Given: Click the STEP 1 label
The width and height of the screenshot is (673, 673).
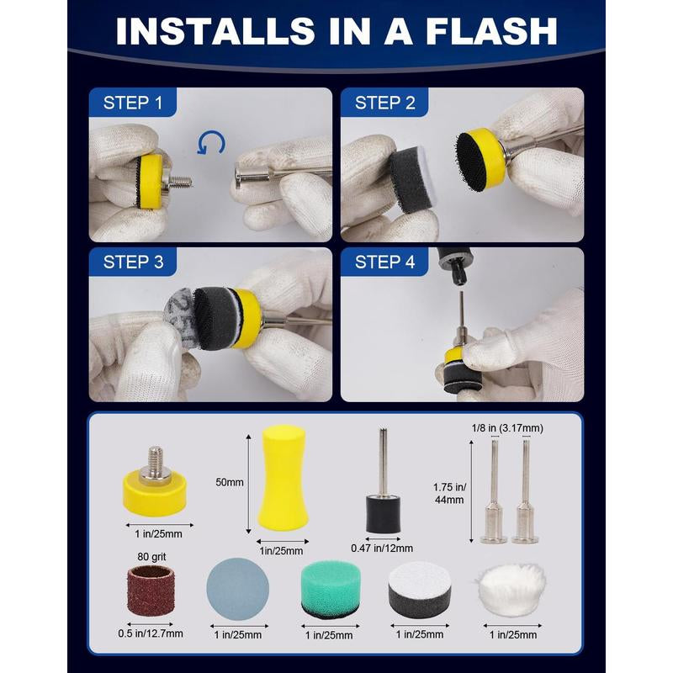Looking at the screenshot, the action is (133, 103).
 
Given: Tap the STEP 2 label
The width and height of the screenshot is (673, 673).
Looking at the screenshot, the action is (385, 103).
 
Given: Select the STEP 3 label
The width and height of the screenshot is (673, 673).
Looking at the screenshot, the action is (133, 262).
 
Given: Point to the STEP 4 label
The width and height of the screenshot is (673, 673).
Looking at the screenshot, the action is (385, 262).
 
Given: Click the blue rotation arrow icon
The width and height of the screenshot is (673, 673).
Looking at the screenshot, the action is (211, 143).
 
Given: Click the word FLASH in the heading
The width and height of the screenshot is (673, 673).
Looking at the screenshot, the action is (491, 31).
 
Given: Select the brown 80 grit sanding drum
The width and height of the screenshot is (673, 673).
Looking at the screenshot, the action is (151, 591).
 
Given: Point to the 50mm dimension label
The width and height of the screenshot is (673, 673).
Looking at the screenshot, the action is (230, 482).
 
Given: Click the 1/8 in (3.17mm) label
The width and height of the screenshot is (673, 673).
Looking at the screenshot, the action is (507, 428).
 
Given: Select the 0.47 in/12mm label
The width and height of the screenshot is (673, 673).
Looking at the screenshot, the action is (382, 548).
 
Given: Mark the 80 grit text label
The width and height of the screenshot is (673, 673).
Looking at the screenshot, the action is (151, 557).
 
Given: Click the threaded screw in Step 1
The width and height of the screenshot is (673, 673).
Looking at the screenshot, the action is (179, 183).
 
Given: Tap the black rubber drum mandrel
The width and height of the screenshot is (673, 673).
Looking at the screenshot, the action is (384, 480).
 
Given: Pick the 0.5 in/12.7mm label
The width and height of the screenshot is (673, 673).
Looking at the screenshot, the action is (151, 633).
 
